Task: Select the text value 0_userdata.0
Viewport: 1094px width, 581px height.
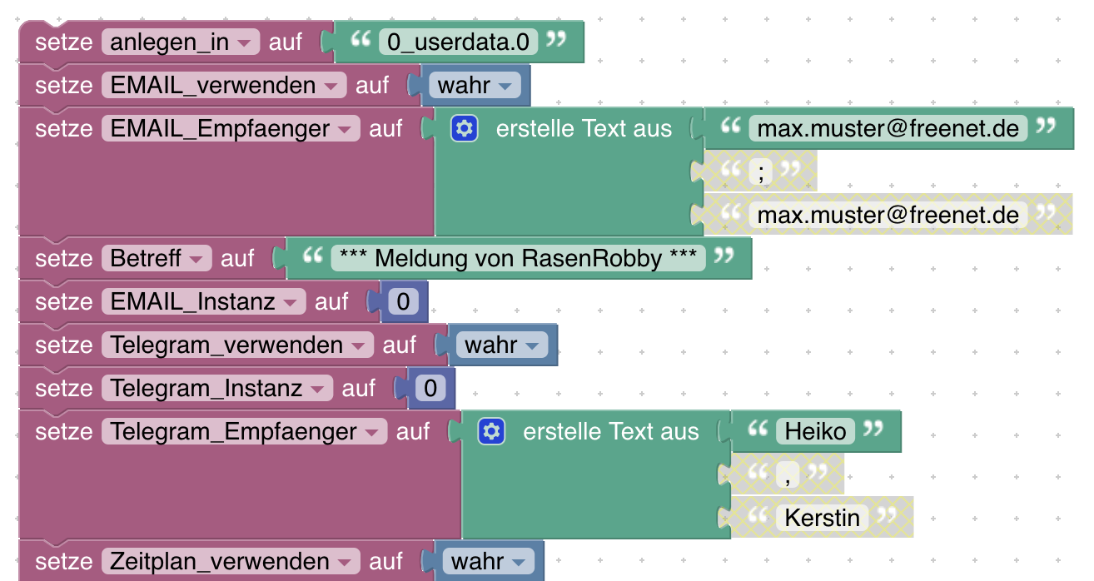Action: (458, 42)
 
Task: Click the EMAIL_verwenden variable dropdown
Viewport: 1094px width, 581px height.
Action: (223, 85)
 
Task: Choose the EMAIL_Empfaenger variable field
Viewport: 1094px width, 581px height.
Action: (230, 128)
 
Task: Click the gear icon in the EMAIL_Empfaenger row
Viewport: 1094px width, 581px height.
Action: (464, 128)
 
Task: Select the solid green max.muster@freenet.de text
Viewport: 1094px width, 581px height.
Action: (888, 128)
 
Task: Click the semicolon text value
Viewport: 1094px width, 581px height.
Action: (761, 171)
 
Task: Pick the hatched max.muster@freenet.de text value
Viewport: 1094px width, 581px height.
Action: (888, 215)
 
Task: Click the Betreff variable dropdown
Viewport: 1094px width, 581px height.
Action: (157, 258)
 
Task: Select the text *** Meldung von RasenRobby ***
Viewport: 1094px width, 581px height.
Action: (518, 258)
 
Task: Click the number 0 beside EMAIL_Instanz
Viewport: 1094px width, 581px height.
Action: (403, 301)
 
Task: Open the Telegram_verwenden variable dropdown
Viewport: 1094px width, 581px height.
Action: (236, 345)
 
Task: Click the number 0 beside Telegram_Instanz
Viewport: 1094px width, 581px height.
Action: (430, 388)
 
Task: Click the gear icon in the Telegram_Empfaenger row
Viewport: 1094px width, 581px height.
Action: (491, 431)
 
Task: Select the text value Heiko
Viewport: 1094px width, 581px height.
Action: (815, 431)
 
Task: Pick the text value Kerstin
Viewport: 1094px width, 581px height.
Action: (822, 518)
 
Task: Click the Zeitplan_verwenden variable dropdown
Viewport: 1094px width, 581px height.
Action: (230, 561)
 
